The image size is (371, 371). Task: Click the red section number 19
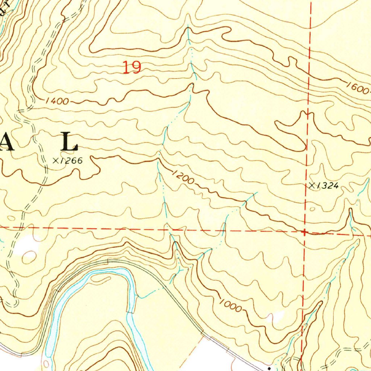(132, 68)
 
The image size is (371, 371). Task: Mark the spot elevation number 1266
(71, 161)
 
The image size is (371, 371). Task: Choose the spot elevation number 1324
(328, 186)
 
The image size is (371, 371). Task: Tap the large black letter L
(69, 142)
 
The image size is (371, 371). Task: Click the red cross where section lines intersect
(304, 231)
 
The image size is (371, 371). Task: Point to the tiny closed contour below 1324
(313, 209)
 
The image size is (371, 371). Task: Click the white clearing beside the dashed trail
(27, 243)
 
